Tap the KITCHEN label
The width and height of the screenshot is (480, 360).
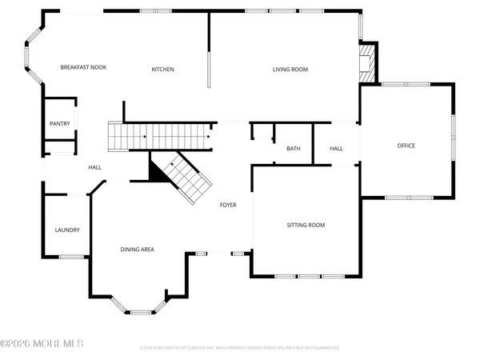coord(163,70)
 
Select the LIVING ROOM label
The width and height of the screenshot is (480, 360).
coord(290,70)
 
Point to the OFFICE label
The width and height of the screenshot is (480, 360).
coord(406,146)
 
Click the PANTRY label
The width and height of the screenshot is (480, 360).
coord(60,123)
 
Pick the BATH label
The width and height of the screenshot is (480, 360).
coord(294,149)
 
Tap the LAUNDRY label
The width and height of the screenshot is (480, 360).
coord(67,230)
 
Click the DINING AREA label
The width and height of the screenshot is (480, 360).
coord(138,250)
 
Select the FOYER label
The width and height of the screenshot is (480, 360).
coord(229,206)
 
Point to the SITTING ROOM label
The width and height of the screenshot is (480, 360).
coord(306,226)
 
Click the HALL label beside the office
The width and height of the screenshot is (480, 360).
coord(337,149)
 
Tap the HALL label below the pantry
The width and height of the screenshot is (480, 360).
coord(94,167)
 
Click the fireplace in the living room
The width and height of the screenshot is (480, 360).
coord(367,62)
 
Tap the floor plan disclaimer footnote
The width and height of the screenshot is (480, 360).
coord(239,348)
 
